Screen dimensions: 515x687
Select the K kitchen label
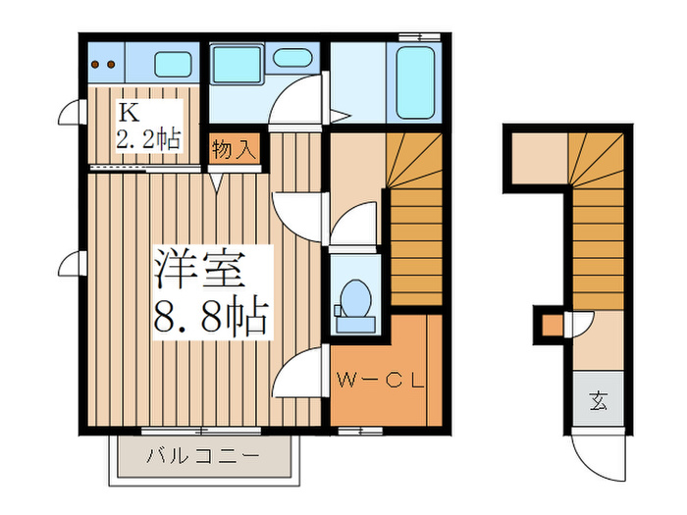(x=128, y=110)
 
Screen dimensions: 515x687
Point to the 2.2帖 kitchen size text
(x=148, y=138)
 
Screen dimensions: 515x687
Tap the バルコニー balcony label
(x=202, y=457)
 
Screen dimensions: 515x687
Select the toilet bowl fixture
(x=354, y=295)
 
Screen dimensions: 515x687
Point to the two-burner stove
(x=102, y=66)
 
